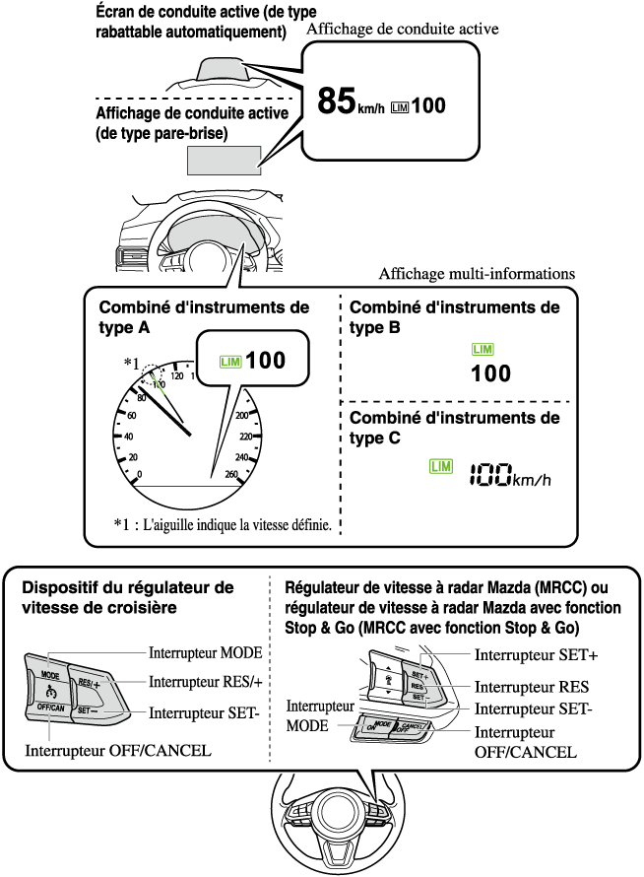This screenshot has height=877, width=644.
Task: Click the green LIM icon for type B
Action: tap(483, 350)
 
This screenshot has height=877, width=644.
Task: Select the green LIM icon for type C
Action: tap(440, 465)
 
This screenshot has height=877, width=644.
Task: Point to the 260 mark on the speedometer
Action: tap(232, 474)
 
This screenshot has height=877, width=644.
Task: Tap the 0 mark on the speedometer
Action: tap(139, 474)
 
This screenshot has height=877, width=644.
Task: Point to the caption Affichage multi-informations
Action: tap(477, 273)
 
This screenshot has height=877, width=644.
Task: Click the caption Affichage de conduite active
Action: tap(403, 30)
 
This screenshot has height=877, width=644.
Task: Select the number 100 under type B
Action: tap(490, 373)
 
